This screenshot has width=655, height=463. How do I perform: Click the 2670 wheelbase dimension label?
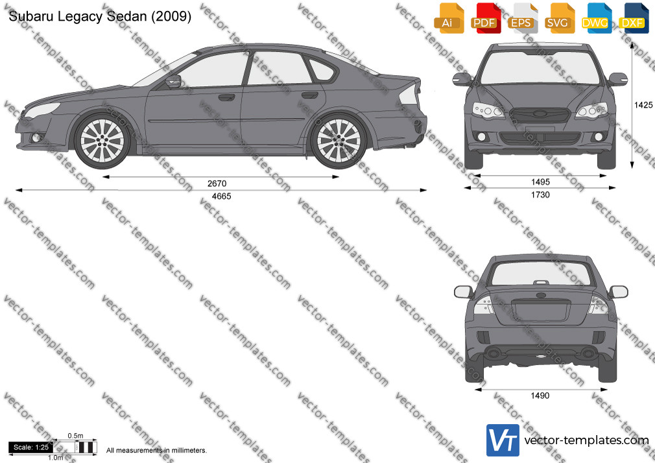tap(217, 184)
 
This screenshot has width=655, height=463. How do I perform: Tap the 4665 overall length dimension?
tap(221, 196)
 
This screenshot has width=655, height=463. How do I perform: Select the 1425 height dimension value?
tap(643, 105)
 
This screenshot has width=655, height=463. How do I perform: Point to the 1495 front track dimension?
tap(541, 182)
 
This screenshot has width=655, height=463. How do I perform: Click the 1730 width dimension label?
tap(540, 195)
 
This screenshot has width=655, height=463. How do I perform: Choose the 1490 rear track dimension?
tap(540, 396)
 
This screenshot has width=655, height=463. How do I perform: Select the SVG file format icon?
tap(558, 18)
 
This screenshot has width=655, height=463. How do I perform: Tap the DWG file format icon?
tap(595, 18)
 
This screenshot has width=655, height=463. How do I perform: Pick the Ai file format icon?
tap(448, 18)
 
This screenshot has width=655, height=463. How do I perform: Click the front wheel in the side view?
tap(102, 141)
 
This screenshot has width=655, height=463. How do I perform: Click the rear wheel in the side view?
tap(339, 141)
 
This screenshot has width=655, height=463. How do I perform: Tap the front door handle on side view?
tap(226, 98)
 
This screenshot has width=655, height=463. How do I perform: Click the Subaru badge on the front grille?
tap(540, 114)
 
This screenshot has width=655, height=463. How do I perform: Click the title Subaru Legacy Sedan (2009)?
tap(100, 16)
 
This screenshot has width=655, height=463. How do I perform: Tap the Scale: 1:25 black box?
tap(31, 447)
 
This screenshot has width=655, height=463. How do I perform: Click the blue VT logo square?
tap(503, 440)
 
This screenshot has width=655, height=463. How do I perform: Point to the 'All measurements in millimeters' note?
tap(157, 451)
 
